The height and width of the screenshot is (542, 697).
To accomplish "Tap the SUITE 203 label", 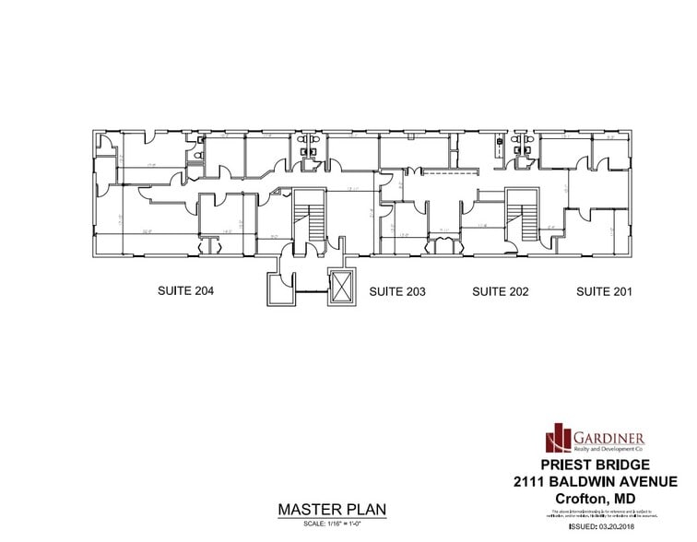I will pos(396,292).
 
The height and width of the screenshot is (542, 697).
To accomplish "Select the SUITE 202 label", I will pos(501,292).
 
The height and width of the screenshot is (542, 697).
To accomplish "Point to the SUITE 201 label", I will pos(605,292).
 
